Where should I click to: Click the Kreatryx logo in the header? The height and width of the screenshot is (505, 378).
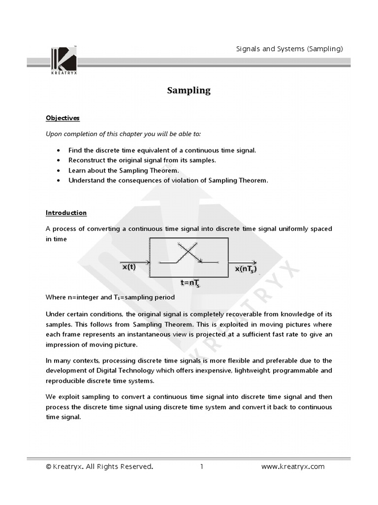pyautogui.click(x=63, y=60)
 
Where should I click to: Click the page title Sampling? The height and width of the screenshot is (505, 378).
pyautogui.click(x=189, y=90)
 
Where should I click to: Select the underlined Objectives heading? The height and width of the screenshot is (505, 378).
pyautogui.click(x=63, y=118)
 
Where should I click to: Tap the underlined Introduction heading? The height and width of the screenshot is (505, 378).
pyautogui.click(x=66, y=213)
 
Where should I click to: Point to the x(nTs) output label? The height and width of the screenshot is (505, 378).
pyautogui.click(x=246, y=269)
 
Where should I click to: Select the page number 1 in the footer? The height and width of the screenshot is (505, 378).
pyautogui.click(x=202, y=467)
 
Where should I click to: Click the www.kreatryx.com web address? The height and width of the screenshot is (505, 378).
pyautogui.click(x=292, y=467)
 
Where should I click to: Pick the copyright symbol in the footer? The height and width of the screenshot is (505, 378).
pyautogui.click(x=49, y=467)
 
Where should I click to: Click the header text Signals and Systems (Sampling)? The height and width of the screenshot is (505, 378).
pyautogui.click(x=289, y=48)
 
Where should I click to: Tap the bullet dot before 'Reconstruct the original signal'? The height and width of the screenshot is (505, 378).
pyautogui.click(x=59, y=160)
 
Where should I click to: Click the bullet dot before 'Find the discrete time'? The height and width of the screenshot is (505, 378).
pyautogui.click(x=59, y=150)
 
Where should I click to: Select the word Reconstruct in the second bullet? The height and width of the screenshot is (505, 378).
pyautogui.click(x=86, y=160)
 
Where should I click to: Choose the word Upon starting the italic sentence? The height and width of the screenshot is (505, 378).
pyautogui.click(x=54, y=134)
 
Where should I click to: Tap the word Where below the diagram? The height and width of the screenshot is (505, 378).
pyautogui.click(x=55, y=297)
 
